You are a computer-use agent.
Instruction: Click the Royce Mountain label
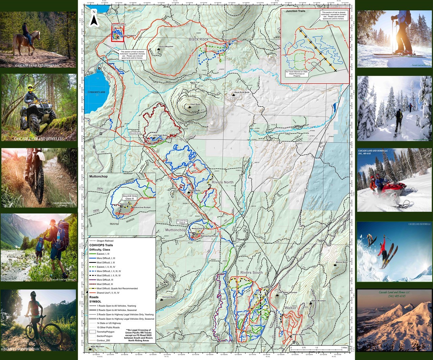coord(166,47)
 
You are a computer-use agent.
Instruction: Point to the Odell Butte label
coord(195,105)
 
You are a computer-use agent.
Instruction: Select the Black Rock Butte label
coord(242,92)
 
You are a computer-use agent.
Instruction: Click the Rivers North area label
coord(223,182)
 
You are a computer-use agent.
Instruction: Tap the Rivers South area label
coord(251,272)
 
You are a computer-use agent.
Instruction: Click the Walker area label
coord(290,308)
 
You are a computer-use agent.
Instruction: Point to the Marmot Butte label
coord(341,262)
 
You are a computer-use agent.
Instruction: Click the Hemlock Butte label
coord(168,297)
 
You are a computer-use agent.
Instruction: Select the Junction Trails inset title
coord(296,11)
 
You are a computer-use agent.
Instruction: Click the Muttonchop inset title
coord(98,176)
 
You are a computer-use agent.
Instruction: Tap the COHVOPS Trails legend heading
coord(101,245)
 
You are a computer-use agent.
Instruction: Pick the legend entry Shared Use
coord(108,293)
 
